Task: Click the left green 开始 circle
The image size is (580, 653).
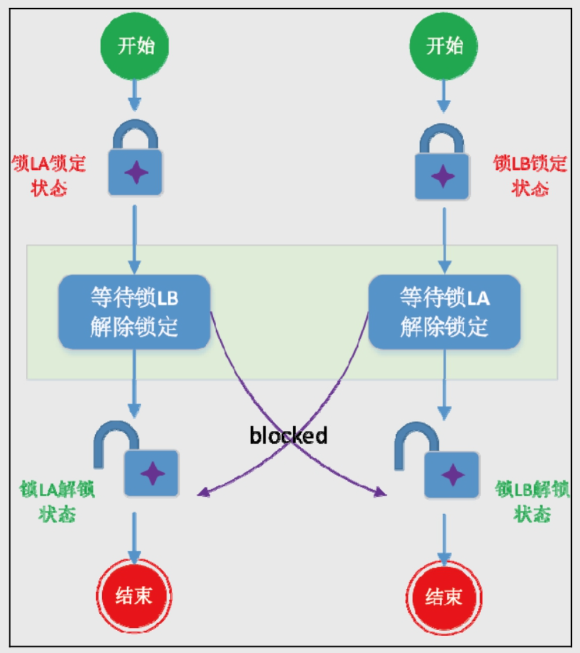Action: pyautogui.click(x=136, y=47)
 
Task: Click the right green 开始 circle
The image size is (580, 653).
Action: pyautogui.click(x=444, y=47)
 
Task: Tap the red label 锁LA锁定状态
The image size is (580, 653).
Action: pyautogui.click(x=49, y=176)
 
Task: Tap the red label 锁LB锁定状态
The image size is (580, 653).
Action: pyautogui.click(x=530, y=176)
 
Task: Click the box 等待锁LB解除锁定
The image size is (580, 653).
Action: pyautogui.click(x=134, y=311)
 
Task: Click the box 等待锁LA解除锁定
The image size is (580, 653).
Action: pyautogui.click(x=444, y=312)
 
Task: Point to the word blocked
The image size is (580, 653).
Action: pyautogui.click(x=289, y=435)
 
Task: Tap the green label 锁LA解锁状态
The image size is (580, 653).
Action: pyautogui.click(x=57, y=502)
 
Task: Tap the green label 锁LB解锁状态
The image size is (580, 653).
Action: pyautogui.click(x=532, y=502)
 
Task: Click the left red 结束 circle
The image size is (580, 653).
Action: pyautogui.click(x=135, y=596)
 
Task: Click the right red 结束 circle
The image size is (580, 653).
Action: pyautogui.click(x=444, y=597)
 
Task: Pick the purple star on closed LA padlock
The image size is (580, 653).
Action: pyautogui.click(x=135, y=174)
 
